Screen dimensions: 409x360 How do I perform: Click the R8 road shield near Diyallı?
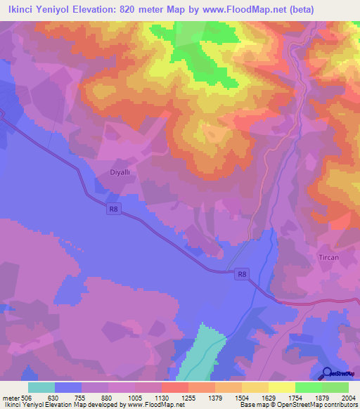(x=114, y=208)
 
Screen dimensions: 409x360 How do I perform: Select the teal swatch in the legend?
(x=41, y=387)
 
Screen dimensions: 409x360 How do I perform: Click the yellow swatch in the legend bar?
(x=281, y=387)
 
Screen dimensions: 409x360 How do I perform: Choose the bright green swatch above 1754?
(x=308, y=387)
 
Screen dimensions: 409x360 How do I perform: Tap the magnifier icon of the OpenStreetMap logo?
(x=327, y=373)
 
